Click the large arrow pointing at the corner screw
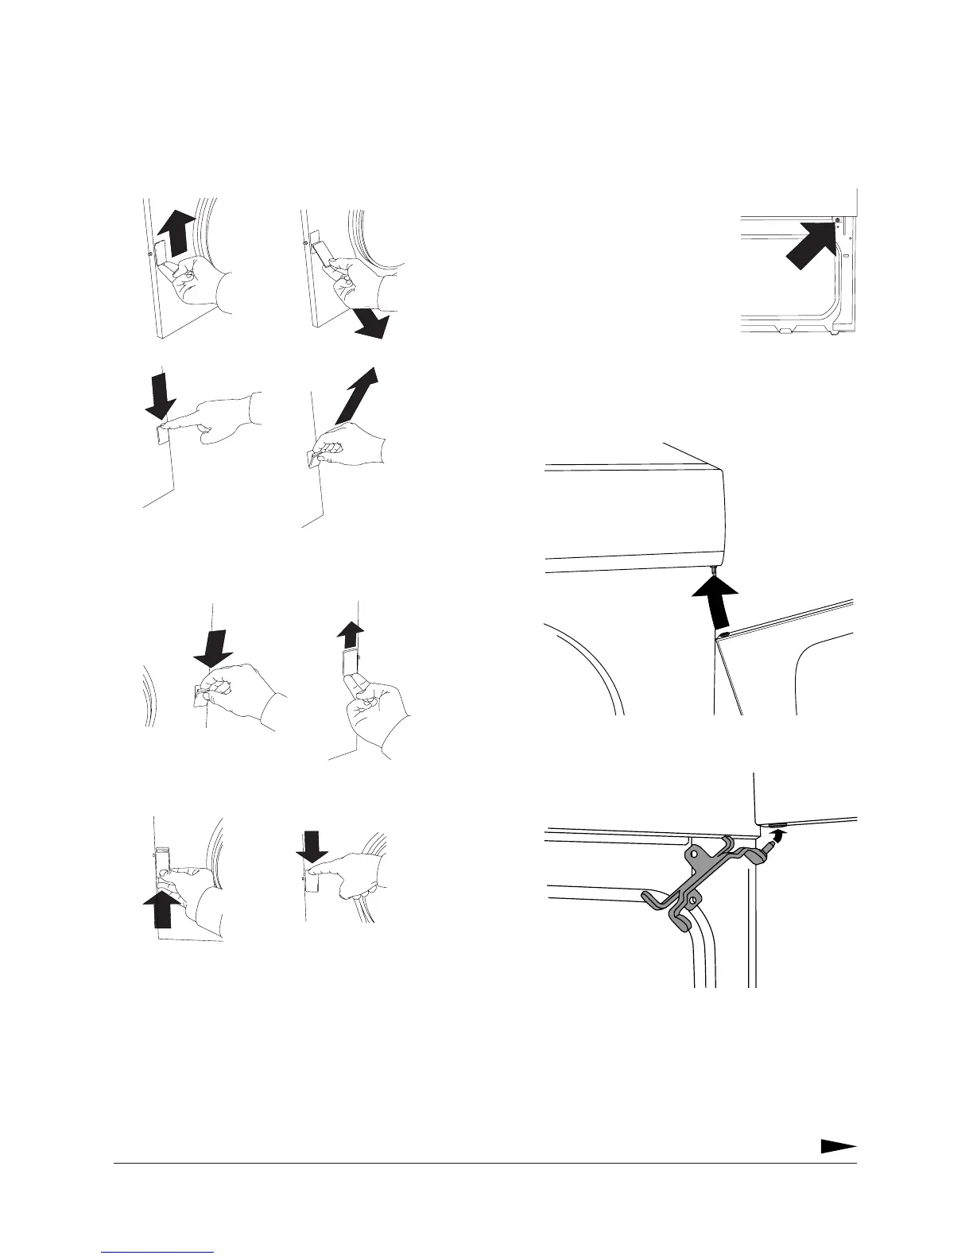tap(808, 248)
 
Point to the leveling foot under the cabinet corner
tap(834, 331)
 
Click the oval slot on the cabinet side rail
tap(845, 257)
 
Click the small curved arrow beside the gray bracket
tap(778, 835)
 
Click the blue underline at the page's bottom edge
tap(158, 1253)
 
